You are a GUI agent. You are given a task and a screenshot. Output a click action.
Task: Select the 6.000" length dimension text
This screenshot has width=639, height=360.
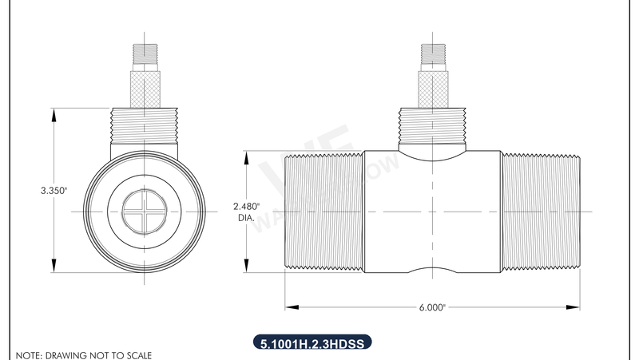click(x=432, y=307)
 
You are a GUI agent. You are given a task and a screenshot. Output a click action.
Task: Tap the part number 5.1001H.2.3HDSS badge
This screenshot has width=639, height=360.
click(x=312, y=343)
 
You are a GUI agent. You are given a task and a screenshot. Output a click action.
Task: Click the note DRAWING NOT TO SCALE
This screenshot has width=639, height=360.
click(x=84, y=354)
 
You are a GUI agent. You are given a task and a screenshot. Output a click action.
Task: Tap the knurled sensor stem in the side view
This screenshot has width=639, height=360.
click(x=432, y=87)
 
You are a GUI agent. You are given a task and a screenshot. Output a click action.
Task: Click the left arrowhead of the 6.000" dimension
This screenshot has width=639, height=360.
click(x=290, y=307)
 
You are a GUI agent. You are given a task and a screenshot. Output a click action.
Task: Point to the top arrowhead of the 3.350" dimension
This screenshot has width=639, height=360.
click(x=54, y=113)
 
